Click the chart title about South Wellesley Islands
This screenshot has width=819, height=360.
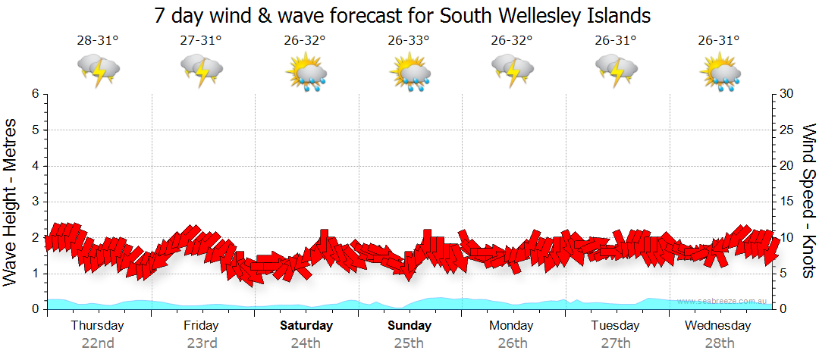pyautogui.click(x=403, y=15)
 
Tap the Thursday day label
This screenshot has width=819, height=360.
pyautogui.click(x=97, y=325)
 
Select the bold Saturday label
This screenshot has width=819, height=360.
pyautogui.click(x=306, y=325)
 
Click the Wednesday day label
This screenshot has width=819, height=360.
pyautogui.click(x=717, y=325)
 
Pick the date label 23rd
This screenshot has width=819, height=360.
pyautogui.click(x=202, y=343)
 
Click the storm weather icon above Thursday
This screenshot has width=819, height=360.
pyautogui.click(x=99, y=70)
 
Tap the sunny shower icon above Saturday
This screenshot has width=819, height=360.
pyautogui.click(x=306, y=72)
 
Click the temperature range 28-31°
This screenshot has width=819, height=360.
pyautogui.click(x=97, y=40)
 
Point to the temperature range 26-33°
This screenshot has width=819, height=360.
pyautogui.click(x=408, y=40)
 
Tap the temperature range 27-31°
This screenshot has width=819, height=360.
pyautogui.click(x=201, y=40)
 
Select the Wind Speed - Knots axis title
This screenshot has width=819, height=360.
pyautogui.click(x=807, y=201)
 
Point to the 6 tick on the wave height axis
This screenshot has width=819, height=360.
pyautogui.click(x=34, y=94)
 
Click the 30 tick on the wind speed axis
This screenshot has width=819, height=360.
pyautogui.click(x=787, y=94)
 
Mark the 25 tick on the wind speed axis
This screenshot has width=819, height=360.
pyautogui.click(x=787, y=130)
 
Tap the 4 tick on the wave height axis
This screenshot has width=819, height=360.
pyautogui.click(x=34, y=166)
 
